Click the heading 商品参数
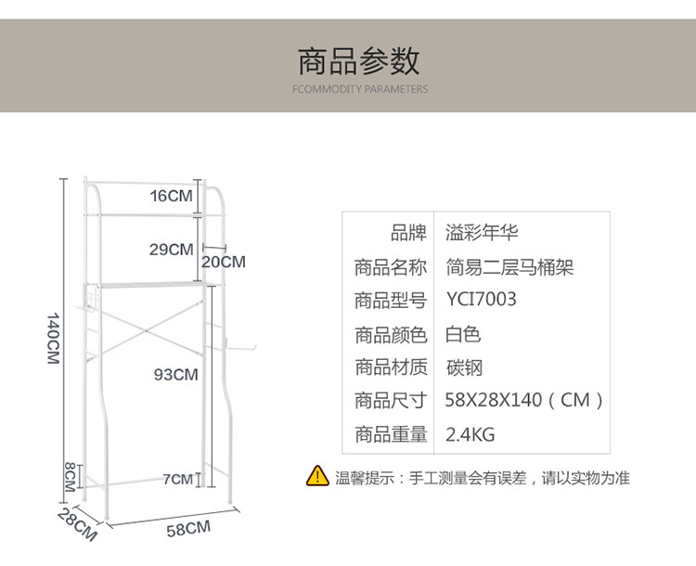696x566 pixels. [x=358, y=60]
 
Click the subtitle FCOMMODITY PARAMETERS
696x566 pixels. [x=359, y=90]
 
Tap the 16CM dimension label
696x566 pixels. [x=172, y=196]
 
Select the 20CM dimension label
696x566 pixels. [x=224, y=262]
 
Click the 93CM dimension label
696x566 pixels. [x=176, y=375]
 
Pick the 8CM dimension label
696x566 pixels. [x=70, y=477]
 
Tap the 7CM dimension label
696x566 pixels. [x=177, y=480]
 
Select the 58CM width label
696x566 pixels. [x=188, y=529]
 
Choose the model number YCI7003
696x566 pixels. [x=481, y=301]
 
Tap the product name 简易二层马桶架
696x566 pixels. [x=509, y=267]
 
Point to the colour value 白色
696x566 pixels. [x=463, y=334]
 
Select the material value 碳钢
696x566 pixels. [x=464, y=367]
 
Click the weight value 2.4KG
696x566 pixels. [x=470, y=434]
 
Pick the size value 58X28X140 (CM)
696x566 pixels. [x=525, y=401]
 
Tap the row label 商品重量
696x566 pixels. [x=391, y=434]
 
